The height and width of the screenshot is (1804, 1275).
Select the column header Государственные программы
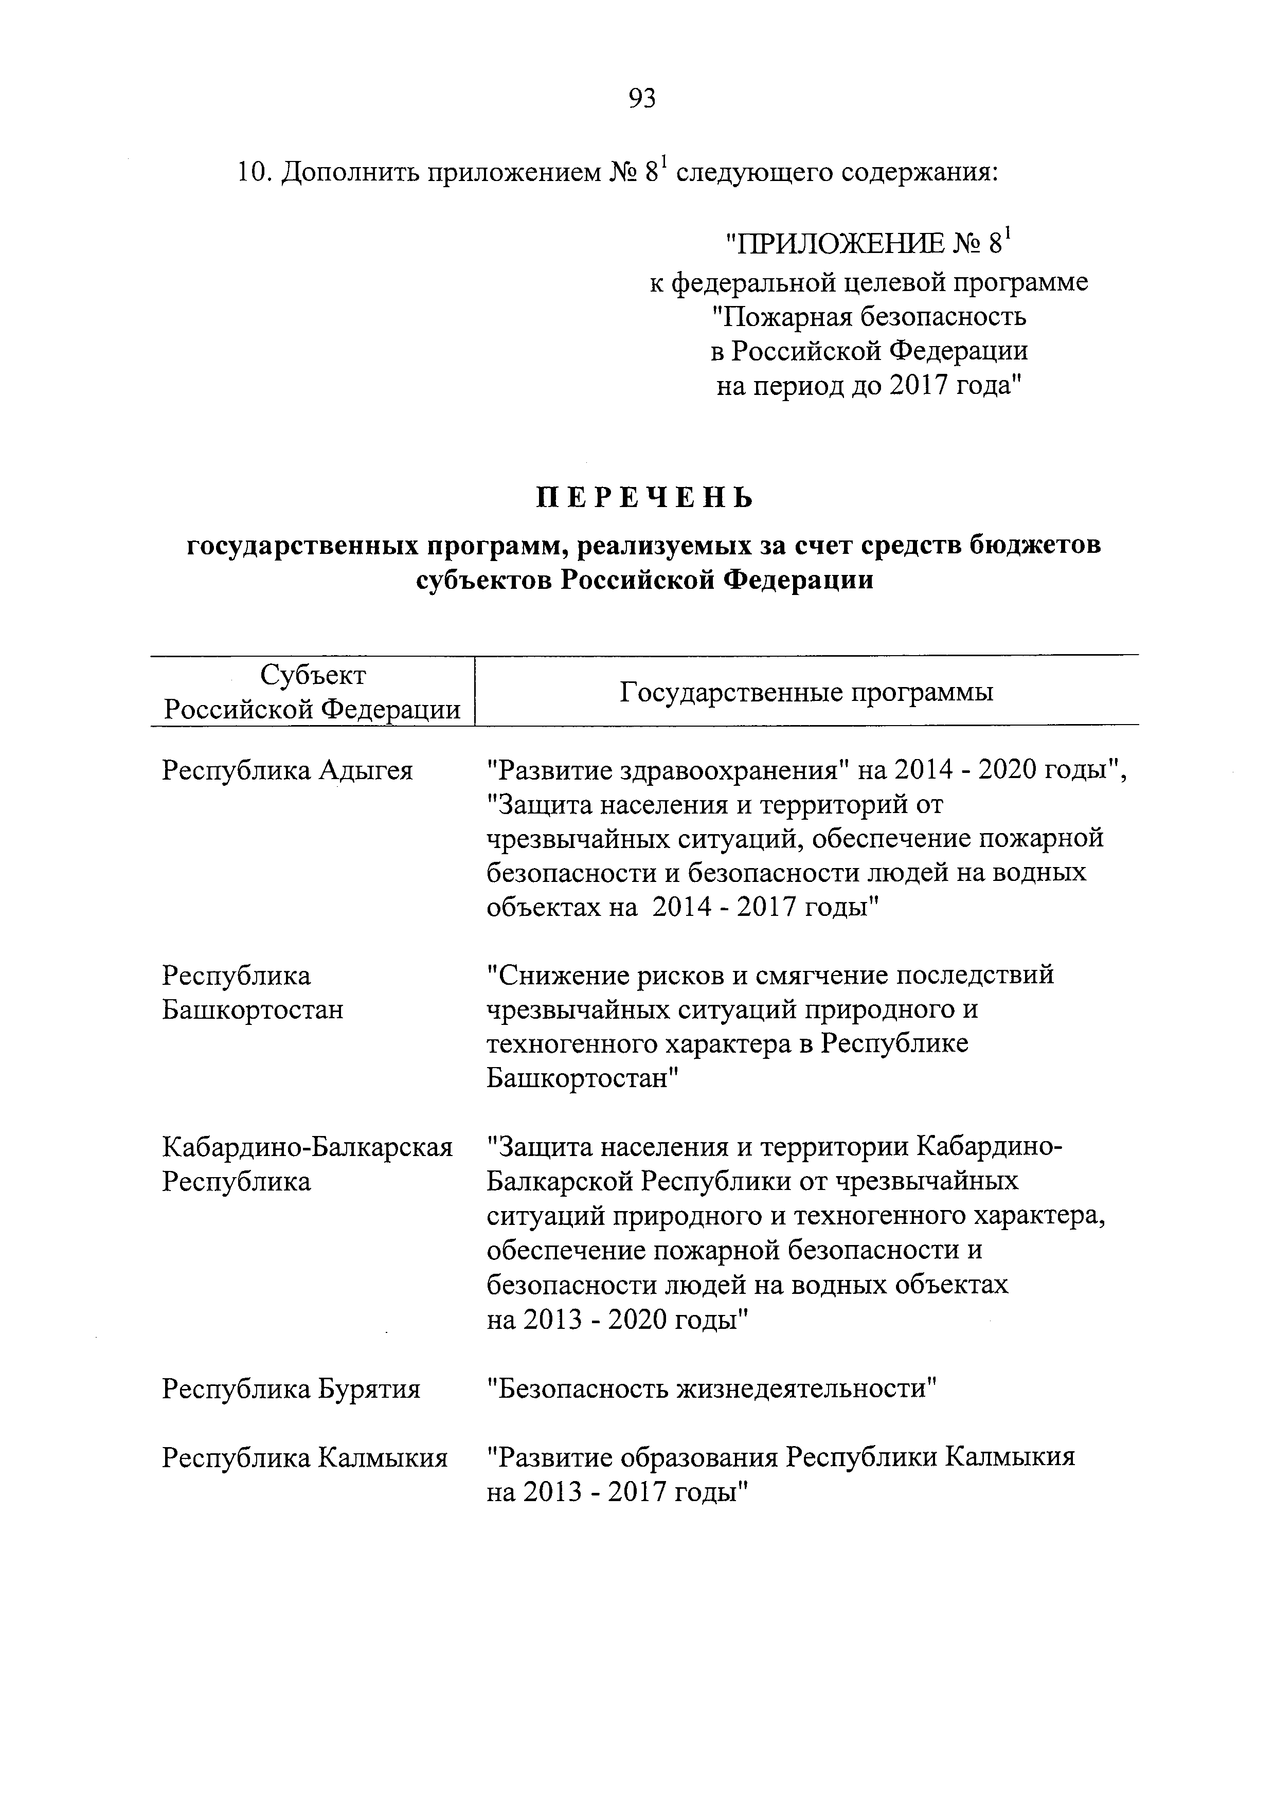pos(807,692)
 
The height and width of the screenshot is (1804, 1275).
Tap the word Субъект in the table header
pos(313,676)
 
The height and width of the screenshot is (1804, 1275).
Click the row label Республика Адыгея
pos(288,771)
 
